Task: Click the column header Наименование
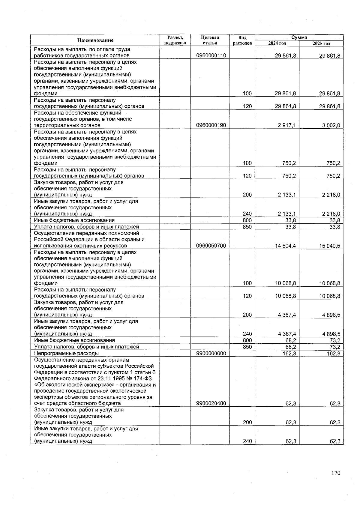tap(95, 40)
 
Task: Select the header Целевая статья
tap(210, 40)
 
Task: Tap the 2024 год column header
tap(277, 43)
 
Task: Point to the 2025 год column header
tap(321, 43)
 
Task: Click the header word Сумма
tap(299, 37)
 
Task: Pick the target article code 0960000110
tap(211, 56)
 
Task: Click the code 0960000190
tap(211, 125)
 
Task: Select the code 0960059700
tap(211, 246)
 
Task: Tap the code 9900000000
tap(211, 353)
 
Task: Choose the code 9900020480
tap(211, 404)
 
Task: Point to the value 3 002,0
tap(331, 125)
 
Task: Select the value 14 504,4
tap(285, 246)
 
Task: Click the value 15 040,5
tap(330, 246)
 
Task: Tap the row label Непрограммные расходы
tap(66, 353)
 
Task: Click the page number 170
tap(336, 473)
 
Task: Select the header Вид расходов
tap(242, 40)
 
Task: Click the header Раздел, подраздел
tap(175, 40)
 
